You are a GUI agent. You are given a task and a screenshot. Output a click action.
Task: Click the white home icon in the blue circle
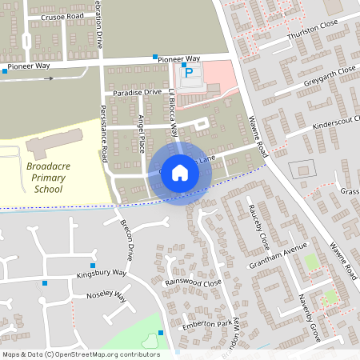(180, 173)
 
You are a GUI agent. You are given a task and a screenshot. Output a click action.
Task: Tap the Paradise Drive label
(132, 93)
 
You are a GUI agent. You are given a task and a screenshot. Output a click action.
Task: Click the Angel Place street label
(140, 133)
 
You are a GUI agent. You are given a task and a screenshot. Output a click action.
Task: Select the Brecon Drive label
(125, 242)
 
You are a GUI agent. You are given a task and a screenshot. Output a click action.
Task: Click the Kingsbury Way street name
(102, 273)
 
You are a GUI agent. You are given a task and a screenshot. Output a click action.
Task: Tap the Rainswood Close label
(192, 282)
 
